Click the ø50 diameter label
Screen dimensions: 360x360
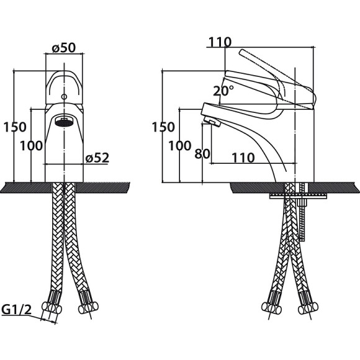tap(64, 48)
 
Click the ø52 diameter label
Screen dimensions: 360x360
tap(97, 158)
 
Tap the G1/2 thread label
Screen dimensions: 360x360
tap(16, 310)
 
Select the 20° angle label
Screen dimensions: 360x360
tap(223, 91)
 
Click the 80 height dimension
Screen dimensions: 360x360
tap(202, 153)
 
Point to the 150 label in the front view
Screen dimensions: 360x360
tap(15, 127)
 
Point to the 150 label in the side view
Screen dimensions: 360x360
tap(163, 127)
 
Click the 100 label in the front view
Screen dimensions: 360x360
tap(31, 146)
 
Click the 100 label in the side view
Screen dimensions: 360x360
tap(180, 146)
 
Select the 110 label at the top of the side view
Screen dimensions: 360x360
tap(220, 42)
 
